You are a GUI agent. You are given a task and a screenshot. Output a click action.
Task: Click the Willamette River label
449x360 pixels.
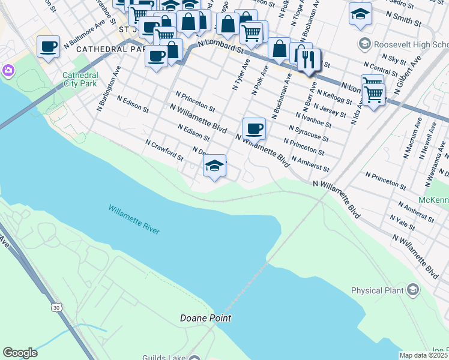click(135, 220)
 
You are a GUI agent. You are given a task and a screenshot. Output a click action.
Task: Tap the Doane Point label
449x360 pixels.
click(206, 318)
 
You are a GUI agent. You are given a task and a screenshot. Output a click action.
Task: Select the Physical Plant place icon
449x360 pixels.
click(412, 290)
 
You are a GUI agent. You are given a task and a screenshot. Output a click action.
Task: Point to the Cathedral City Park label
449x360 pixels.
click(80, 79)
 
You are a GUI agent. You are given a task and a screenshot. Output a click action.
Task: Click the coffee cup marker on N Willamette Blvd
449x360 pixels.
click(254, 128)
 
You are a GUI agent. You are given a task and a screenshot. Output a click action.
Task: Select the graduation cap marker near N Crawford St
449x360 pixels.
click(214, 166)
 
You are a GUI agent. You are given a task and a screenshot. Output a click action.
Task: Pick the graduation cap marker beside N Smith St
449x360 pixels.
click(360, 14)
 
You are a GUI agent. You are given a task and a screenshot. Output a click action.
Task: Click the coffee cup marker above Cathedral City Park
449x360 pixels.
click(48, 46)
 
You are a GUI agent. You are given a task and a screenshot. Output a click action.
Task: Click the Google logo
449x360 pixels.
click(20, 353)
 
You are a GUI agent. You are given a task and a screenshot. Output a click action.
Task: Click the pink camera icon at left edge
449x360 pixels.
click(8, 70)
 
